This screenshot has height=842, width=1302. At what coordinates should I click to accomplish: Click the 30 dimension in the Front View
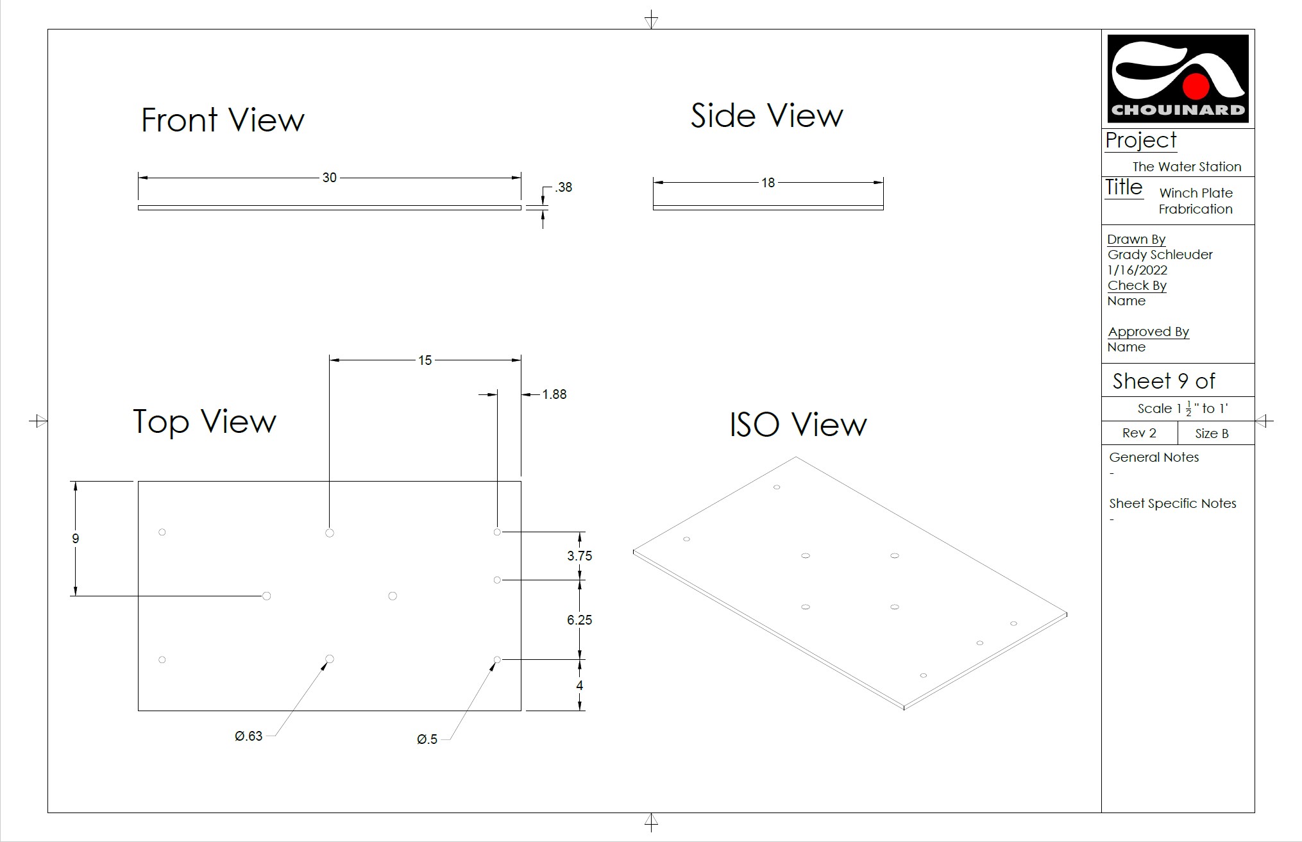click(x=329, y=178)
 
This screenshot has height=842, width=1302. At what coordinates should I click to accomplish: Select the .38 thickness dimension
click(x=564, y=187)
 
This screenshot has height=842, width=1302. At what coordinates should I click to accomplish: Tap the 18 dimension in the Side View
click(x=768, y=183)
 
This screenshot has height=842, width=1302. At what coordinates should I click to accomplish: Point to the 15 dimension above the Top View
click(x=425, y=360)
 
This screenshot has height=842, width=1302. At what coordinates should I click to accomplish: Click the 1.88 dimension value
click(x=554, y=394)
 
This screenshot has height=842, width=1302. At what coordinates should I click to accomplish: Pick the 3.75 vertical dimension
click(x=579, y=556)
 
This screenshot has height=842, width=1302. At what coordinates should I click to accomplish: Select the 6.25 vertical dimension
click(x=579, y=620)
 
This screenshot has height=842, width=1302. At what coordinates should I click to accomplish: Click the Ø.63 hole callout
click(x=248, y=736)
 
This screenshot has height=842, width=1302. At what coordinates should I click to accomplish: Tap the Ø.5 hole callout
click(x=427, y=739)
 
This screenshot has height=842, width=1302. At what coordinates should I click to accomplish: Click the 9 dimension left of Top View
click(x=76, y=539)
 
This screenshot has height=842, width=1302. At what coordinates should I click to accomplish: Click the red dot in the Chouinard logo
click(x=1196, y=85)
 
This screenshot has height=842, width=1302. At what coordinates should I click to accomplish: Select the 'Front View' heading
click(x=223, y=120)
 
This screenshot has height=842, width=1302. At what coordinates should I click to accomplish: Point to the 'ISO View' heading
click(x=798, y=425)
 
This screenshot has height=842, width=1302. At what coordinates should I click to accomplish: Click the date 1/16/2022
click(x=1137, y=270)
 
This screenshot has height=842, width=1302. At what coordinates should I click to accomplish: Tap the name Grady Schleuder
click(x=1160, y=255)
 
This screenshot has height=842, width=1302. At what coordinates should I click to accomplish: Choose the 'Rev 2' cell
click(x=1139, y=433)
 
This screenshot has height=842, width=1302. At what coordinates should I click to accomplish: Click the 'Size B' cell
click(x=1212, y=434)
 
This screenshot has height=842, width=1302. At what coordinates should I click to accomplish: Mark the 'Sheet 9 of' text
click(x=1163, y=381)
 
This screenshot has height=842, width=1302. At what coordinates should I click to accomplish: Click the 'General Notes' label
click(x=1154, y=457)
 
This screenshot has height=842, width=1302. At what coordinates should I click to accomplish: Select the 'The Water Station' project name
click(x=1187, y=167)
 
